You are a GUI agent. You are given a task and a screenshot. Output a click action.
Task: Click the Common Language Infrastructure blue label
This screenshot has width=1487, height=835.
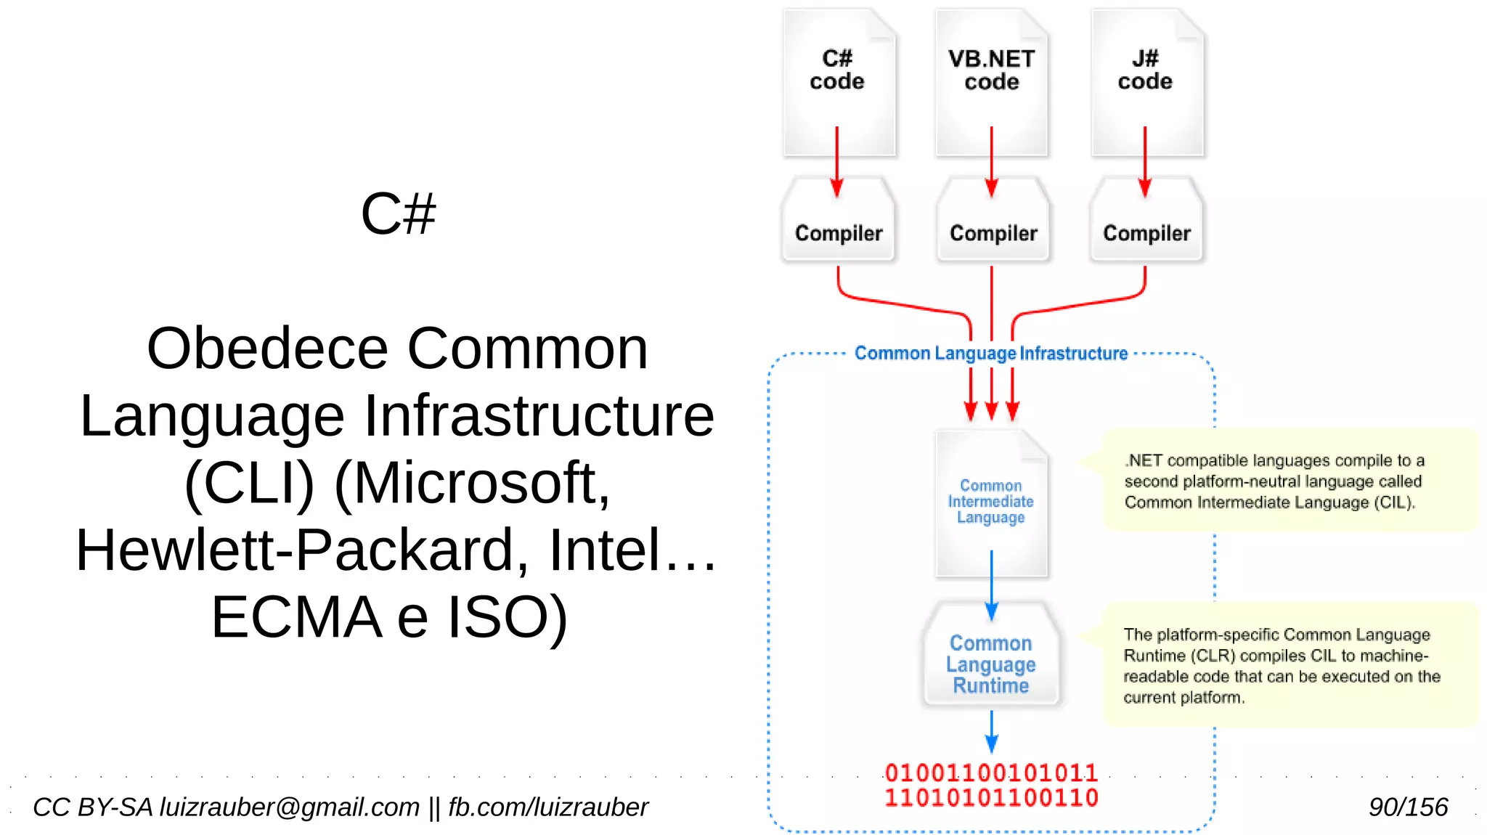[990, 354]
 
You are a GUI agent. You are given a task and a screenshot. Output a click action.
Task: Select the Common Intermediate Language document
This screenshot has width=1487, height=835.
[990, 502]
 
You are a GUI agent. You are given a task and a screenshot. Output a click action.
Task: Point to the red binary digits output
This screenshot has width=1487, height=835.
[990, 785]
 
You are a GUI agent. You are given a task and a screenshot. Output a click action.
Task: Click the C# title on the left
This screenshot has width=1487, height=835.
[398, 214]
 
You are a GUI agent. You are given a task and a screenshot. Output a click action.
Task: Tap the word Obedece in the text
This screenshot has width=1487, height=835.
[267, 349]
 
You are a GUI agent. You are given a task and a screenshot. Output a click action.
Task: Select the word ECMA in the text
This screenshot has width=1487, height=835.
[296, 617]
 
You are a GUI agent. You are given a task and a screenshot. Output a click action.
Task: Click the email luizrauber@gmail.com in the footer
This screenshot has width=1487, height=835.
[289, 807]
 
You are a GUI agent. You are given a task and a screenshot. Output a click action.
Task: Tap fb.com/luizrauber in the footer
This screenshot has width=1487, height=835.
[547, 807]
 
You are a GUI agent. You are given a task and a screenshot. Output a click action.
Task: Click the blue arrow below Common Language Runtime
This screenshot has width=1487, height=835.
[991, 732]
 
